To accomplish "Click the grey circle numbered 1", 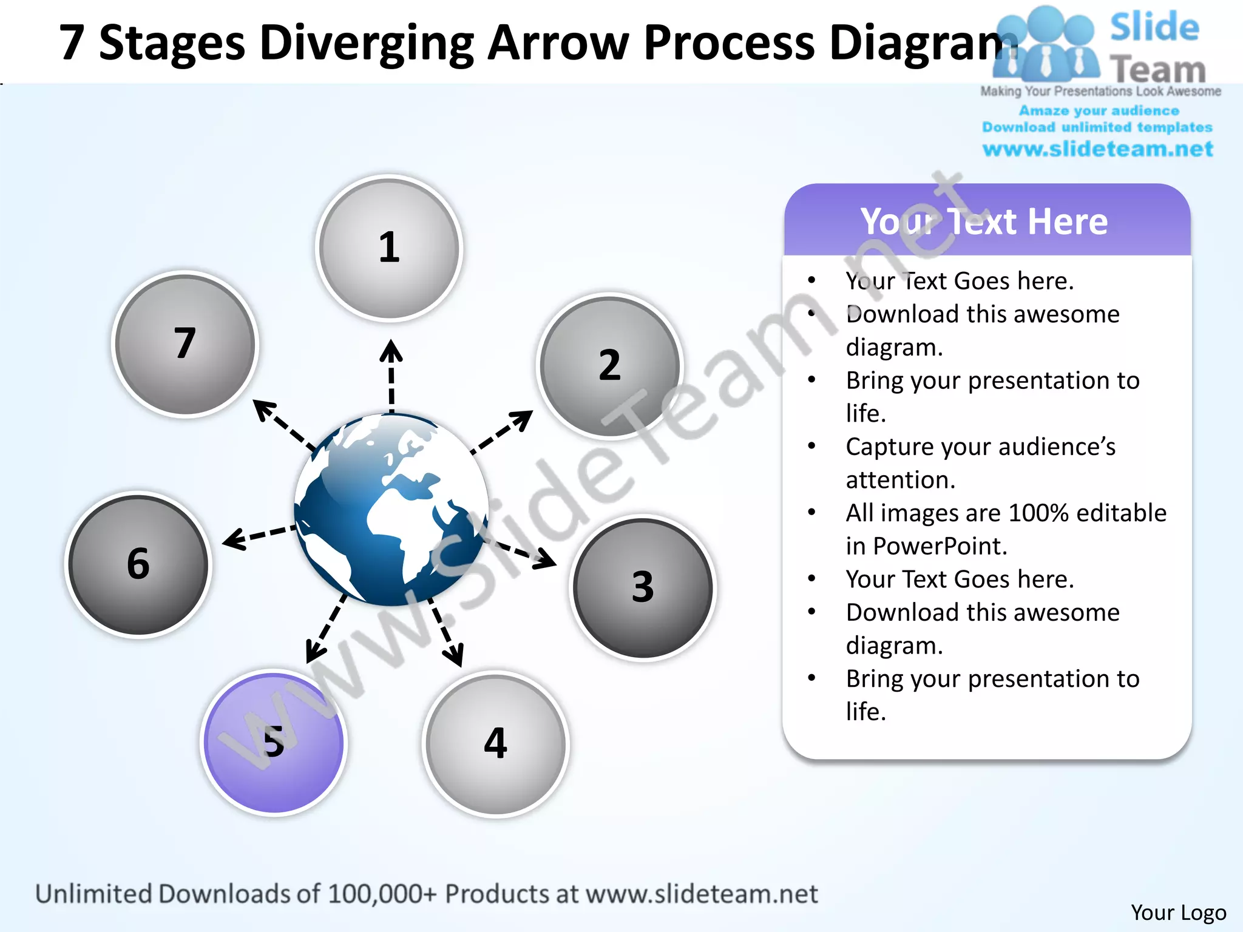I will [389, 248].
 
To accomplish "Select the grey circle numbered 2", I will [610, 365].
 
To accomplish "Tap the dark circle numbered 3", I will [643, 587].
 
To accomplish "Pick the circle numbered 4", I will [496, 744].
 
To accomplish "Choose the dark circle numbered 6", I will [138, 564].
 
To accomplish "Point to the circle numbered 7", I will [185, 343].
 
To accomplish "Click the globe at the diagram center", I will [391, 510].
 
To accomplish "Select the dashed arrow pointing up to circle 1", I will [391, 376].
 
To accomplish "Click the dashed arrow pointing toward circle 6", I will [258, 535].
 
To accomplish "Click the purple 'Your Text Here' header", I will [986, 221].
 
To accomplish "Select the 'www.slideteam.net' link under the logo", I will [1097, 149].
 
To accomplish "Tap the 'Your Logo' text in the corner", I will [1178, 912].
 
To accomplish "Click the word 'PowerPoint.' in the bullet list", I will [940, 546].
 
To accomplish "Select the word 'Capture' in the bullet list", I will [888, 447].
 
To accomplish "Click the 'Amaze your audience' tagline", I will [1099, 110].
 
